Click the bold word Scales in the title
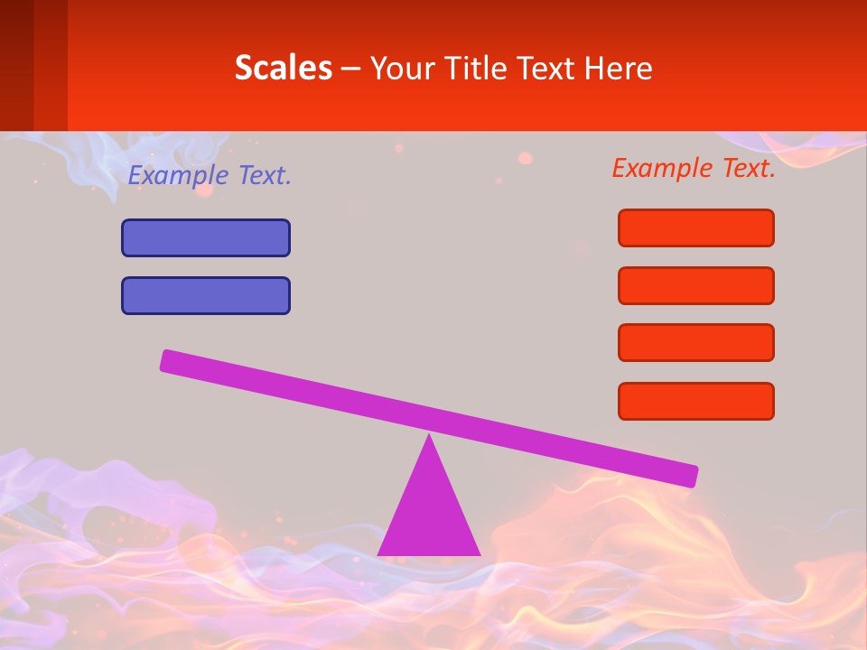pyautogui.click(x=283, y=68)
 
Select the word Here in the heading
pyautogui.click(x=619, y=68)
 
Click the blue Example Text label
pyautogui.click(x=210, y=175)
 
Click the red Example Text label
pyautogui.click(x=694, y=167)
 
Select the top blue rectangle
pyautogui.click(x=206, y=237)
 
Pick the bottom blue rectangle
pyautogui.click(x=206, y=295)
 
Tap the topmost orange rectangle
pyautogui.click(x=696, y=227)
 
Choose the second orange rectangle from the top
pyautogui.click(x=696, y=285)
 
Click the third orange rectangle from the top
pyautogui.click(x=696, y=343)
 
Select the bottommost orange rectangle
pyautogui.click(x=696, y=401)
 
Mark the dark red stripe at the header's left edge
pyautogui.click(x=16, y=65)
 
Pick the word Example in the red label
pyautogui.click(x=663, y=167)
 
